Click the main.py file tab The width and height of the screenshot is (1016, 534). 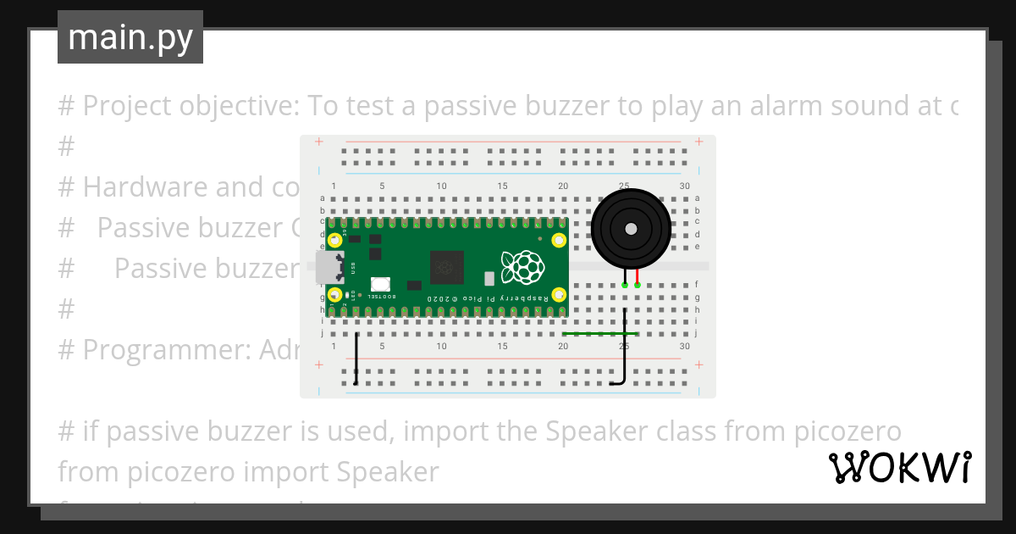pos(130,37)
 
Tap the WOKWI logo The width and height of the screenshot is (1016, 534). pos(899,468)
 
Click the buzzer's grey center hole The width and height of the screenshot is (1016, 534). pos(631,229)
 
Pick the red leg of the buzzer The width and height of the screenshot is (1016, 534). pos(638,276)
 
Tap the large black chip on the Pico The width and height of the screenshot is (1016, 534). pos(447,267)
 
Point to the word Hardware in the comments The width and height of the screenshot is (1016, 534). pos(144,186)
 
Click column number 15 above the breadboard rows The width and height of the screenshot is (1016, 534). pos(502,186)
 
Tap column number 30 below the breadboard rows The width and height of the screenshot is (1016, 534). pos(684,346)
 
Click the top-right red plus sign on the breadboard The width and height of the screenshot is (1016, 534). pos(698,142)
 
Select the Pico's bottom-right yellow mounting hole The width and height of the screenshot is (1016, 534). pos(559,295)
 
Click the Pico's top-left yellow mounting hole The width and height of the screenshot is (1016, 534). pos(335,240)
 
